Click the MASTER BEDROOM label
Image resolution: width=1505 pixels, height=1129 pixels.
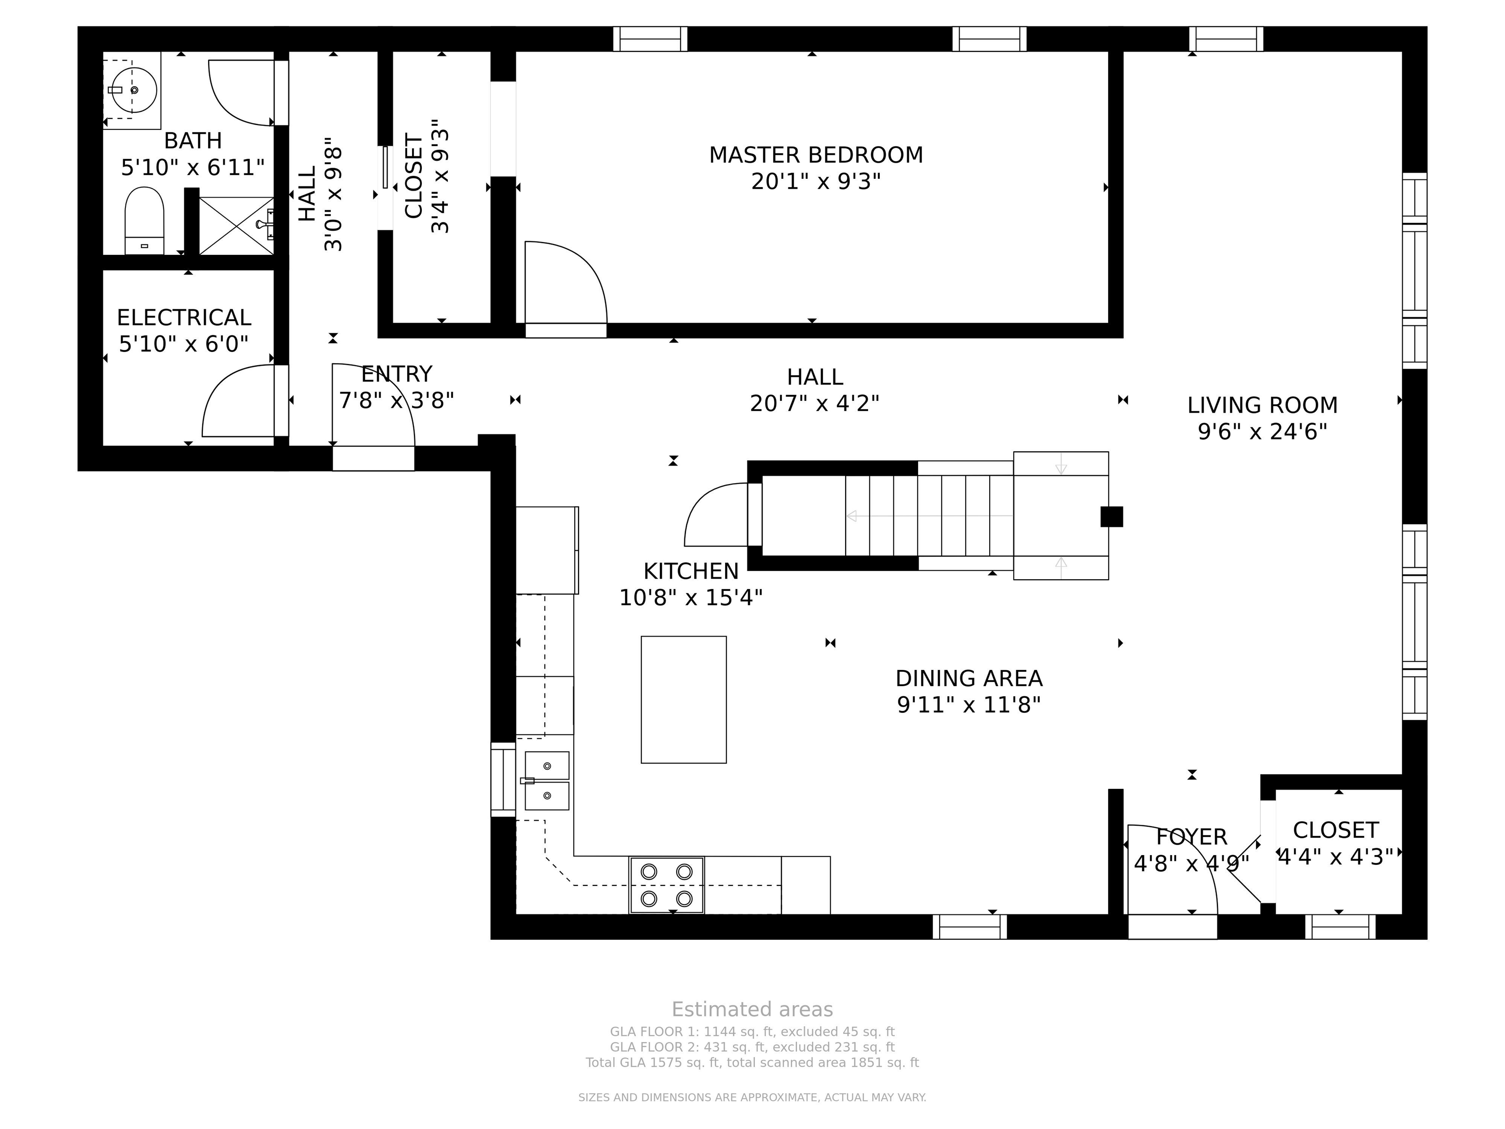click(x=816, y=155)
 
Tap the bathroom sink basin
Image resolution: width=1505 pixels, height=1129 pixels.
click(x=134, y=89)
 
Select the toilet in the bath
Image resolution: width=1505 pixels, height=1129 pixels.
click(x=144, y=221)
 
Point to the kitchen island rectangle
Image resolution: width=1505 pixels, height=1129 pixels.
click(x=684, y=700)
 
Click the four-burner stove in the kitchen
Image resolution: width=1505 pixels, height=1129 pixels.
click(x=667, y=884)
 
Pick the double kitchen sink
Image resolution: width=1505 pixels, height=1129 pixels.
click(x=546, y=781)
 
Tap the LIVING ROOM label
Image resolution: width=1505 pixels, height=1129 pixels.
click(x=1262, y=406)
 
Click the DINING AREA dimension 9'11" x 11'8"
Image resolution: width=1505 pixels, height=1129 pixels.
click(x=969, y=705)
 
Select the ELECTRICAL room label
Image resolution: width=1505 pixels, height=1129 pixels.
click(x=184, y=318)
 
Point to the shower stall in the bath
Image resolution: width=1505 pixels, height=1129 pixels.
click(x=236, y=226)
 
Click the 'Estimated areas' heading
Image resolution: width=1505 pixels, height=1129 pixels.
click(x=752, y=1009)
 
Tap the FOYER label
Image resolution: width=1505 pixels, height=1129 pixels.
click(x=1191, y=836)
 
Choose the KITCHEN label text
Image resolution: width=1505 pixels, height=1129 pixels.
click(x=691, y=571)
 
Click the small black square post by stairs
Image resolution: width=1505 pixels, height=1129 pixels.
click(x=1112, y=516)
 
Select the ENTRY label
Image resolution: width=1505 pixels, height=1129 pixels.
click(x=397, y=374)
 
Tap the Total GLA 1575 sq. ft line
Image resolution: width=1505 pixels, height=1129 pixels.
click(x=752, y=1062)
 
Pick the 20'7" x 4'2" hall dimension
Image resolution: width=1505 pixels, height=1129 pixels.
click(x=814, y=404)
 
